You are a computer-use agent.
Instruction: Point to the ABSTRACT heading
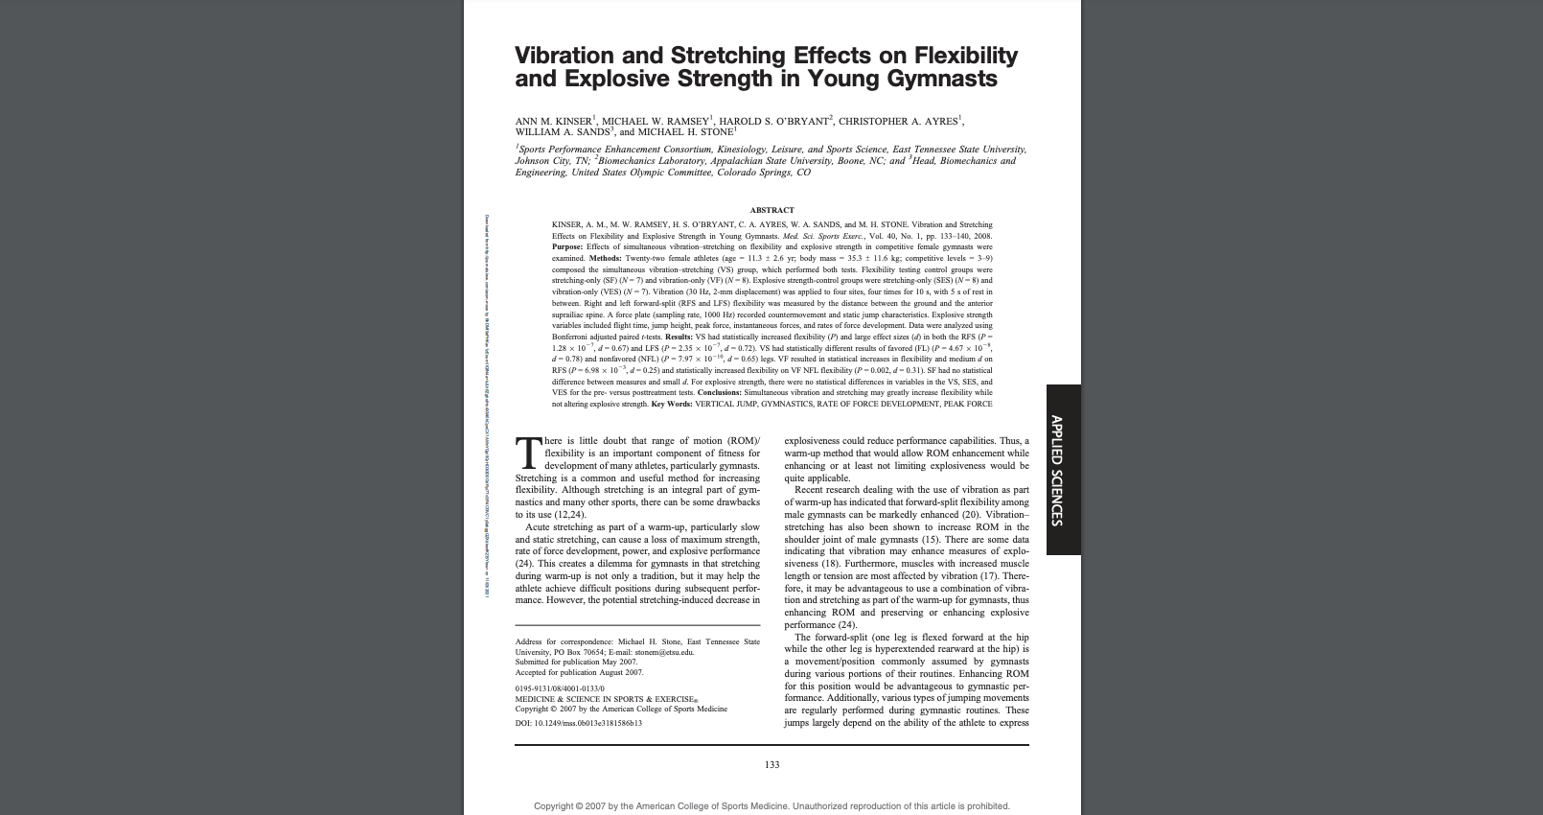(771, 210)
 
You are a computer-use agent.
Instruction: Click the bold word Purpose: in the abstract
(567, 247)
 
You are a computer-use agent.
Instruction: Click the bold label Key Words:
(671, 405)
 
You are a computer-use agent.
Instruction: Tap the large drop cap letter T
(528, 454)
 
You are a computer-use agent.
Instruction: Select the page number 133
(771, 765)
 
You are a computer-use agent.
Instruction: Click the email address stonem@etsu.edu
(663, 652)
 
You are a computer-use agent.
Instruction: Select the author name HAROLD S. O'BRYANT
(774, 122)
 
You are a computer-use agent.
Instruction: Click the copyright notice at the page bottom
(771, 806)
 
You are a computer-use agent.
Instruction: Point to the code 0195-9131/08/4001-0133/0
(560, 688)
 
